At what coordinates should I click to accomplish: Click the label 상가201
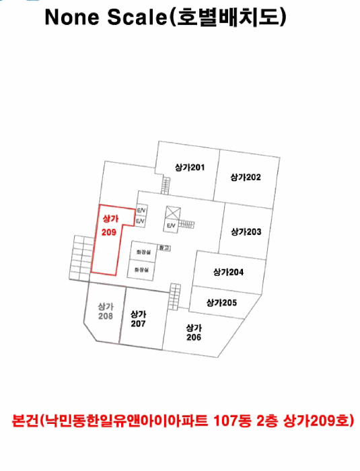(x=190, y=168)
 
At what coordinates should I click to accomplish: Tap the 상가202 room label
(x=246, y=177)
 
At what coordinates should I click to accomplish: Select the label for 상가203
(x=246, y=231)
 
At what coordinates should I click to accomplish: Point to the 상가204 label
(x=228, y=272)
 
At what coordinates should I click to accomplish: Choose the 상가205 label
(x=221, y=303)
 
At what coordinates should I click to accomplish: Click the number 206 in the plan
(x=194, y=337)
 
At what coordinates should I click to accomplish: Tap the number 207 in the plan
(x=138, y=324)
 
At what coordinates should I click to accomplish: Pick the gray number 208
(x=106, y=316)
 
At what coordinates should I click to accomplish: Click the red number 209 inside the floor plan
(x=109, y=232)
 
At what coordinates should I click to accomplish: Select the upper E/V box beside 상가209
(x=141, y=211)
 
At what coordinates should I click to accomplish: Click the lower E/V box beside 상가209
(x=140, y=221)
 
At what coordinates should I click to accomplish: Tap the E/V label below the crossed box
(x=171, y=225)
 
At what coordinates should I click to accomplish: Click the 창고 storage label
(x=164, y=248)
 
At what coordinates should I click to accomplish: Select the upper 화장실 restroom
(x=144, y=252)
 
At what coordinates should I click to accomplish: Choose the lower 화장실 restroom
(x=142, y=270)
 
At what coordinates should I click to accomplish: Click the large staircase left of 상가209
(x=81, y=258)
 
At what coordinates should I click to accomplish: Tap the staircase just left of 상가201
(x=166, y=185)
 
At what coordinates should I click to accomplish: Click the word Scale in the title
(x=137, y=17)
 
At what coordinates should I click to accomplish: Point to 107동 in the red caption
(x=232, y=421)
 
